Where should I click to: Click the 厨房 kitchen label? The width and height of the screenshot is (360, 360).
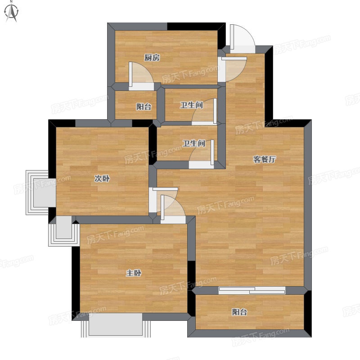tap(152, 58)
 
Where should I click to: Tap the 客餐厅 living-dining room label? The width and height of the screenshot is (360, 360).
tap(264, 159)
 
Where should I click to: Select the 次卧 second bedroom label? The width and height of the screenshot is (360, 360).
tap(102, 178)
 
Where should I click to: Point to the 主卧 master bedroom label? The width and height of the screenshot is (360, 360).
tap(134, 273)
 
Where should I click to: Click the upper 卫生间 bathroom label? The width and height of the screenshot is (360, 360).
tap(192, 105)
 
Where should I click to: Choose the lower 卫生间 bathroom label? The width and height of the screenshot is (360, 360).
tap(193, 144)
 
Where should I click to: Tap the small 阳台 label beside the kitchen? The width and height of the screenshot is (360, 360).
tap(144, 107)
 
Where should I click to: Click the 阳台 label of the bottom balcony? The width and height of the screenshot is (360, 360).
tap(239, 312)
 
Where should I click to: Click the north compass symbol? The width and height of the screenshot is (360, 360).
tap(12, 12)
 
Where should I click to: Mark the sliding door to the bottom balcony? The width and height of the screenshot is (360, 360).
tap(252, 290)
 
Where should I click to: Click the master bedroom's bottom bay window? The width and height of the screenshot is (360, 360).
tap(116, 325)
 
